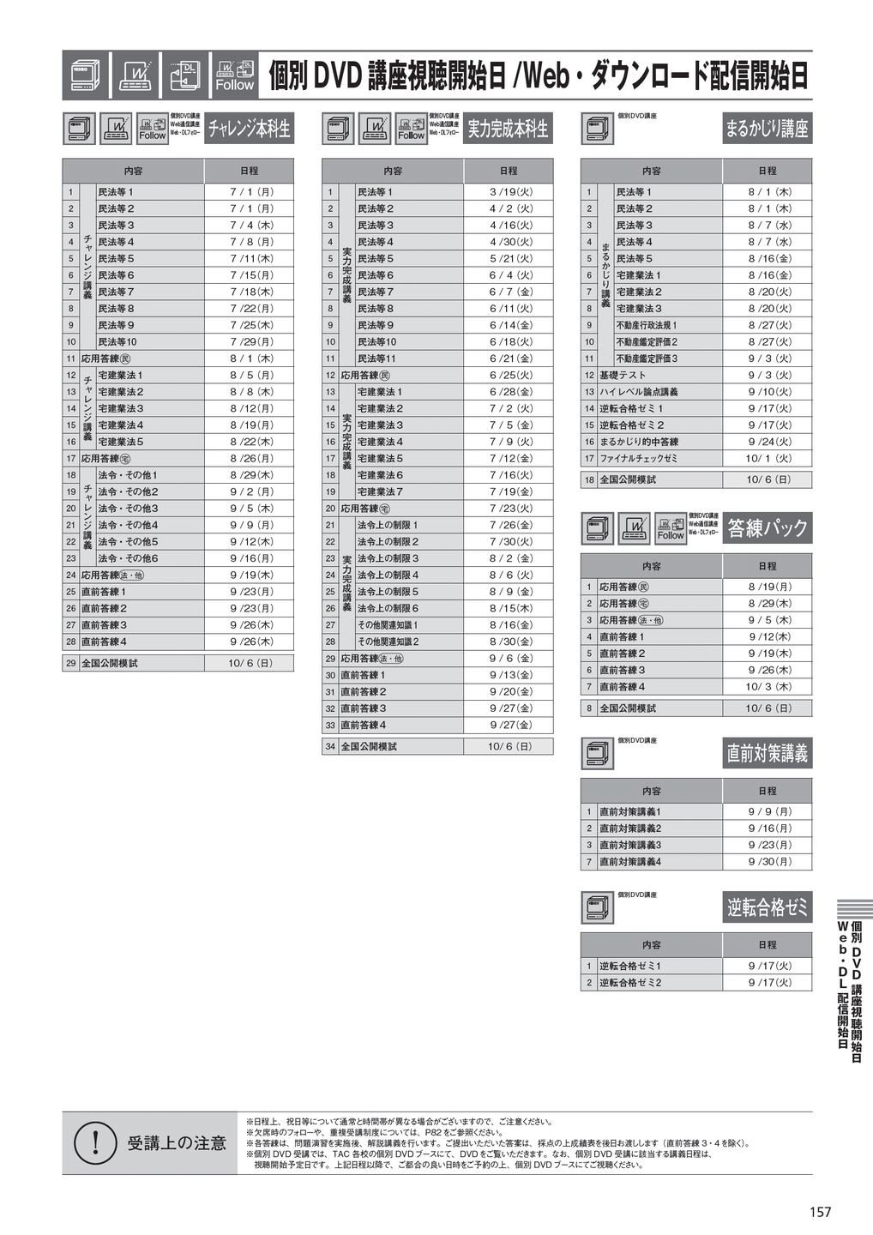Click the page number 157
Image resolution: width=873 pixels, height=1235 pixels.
tap(820, 1211)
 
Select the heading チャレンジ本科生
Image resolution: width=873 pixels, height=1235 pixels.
tap(249, 129)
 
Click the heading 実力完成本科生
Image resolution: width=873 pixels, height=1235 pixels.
tap(508, 129)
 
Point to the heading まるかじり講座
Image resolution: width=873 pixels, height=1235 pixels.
tap(767, 129)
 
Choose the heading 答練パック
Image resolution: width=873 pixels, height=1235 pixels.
tap(767, 527)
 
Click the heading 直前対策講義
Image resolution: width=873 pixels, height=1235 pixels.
tap(767, 753)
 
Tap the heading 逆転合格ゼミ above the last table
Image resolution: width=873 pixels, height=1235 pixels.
tap(767, 907)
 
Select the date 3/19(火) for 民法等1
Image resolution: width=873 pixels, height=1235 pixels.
tap(510, 192)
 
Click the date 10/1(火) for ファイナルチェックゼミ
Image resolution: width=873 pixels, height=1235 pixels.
tap(768, 459)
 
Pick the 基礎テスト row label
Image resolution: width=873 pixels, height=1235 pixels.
tap(623, 376)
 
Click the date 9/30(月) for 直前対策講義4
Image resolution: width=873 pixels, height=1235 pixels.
tap(768, 862)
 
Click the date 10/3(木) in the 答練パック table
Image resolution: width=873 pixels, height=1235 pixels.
tap(768, 687)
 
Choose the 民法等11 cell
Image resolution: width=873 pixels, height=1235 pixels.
tap(376, 358)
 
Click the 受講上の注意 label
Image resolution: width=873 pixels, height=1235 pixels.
tap(177, 1143)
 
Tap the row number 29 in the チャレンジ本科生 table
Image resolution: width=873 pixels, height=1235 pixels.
tap(71, 663)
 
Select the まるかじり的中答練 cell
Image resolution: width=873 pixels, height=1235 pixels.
tap(639, 442)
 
